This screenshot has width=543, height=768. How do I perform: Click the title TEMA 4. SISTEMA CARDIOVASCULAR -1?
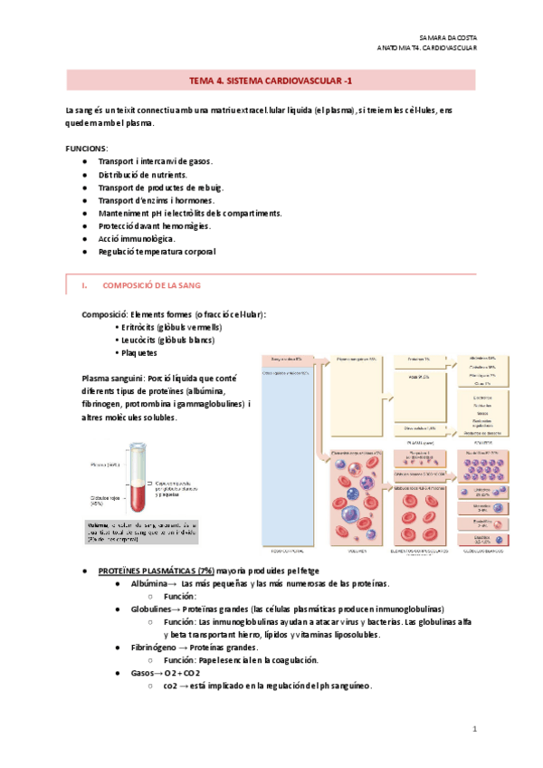pos(271,81)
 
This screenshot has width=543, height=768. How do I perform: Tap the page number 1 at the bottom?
pos(474,729)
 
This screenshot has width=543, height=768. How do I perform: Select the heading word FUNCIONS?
pos(87,147)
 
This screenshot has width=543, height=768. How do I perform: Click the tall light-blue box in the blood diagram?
pos(285,453)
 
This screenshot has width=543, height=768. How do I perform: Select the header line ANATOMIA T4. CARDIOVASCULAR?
pos(426,47)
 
